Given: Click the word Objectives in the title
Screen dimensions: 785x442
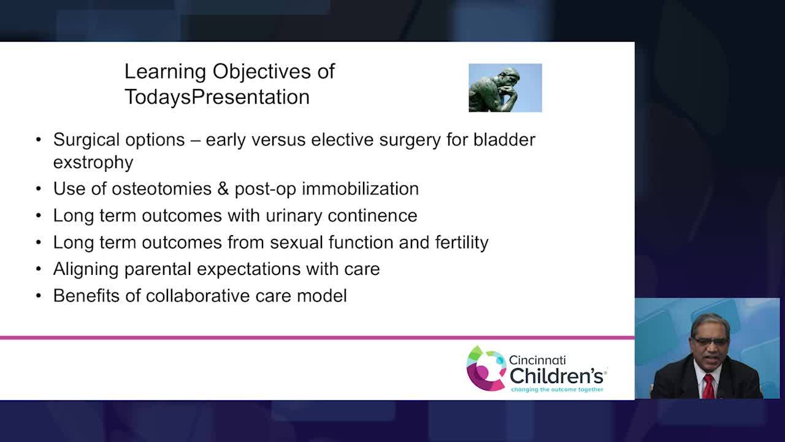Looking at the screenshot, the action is pyautogui.click(x=261, y=72).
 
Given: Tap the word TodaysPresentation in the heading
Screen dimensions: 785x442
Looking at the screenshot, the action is pyautogui.click(x=217, y=97).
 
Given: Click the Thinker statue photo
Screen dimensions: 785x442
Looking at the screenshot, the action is pyautogui.click(x=505, y=88).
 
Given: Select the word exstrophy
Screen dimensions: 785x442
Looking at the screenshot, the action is pyautogui.click(x=93, y=163).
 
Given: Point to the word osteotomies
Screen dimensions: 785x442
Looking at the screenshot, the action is pyautogui.click(x=161, y=188).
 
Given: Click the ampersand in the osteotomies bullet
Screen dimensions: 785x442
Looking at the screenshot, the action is pyautogui.click(x=223, y=188).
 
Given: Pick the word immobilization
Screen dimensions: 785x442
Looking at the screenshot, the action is pyautogui.click(x=360, y=188).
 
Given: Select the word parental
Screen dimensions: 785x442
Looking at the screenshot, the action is pyautogui.click(x=158, y=269).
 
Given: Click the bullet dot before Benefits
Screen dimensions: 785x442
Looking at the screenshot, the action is pyautogui.click(x=39, y=296).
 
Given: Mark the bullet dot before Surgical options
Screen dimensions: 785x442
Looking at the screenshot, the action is pyautogui.click(x=39, y=139).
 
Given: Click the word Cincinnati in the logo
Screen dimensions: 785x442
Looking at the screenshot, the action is pyautogui.click(x=537, y=360).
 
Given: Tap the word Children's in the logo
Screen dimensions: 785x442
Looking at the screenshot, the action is pyautogui.click(x=556, y=376).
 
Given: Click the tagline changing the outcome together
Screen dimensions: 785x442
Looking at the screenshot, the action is pyautogui.click(x=557, y=390).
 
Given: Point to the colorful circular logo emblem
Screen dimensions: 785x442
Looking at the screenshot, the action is pyautogui.click(x=486, y=368).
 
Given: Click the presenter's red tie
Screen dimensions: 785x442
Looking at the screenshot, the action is pyautogui.click(x=708, y=386).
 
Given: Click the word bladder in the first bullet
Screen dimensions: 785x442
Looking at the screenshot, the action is pyautogui.click(x=504, y=140).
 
